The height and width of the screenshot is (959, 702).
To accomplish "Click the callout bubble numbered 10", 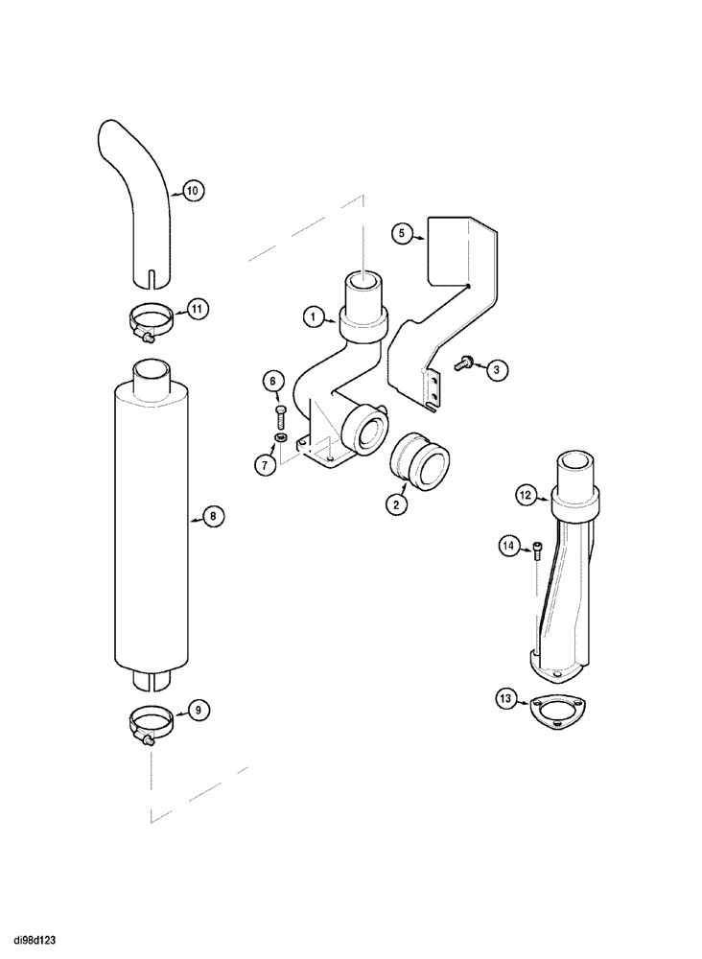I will [x=192, y=191].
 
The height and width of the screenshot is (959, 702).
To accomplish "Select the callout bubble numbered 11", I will [x=197, y=309].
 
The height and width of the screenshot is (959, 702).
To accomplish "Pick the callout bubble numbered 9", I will [x=198, y=711].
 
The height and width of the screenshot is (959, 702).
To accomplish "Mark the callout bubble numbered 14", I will [x=508, y=547].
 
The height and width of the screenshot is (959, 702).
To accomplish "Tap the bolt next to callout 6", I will [x=280, y=415].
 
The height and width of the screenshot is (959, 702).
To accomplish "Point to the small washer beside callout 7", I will [x=280, y=438].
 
